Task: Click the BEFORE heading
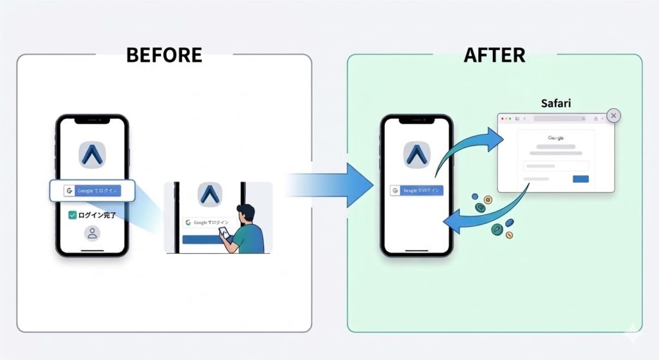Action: pos(164,55)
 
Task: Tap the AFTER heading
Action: pos(494,55)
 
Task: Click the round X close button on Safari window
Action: pos(614,115)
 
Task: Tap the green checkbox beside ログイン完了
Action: pos(72,216)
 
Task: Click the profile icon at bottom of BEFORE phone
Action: pos(92,234)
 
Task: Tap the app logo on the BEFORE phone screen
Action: pos(92,155)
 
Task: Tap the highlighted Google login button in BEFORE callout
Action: pos(92,191)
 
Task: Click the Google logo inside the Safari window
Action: pos(555,138)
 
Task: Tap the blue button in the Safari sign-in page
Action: pos(580,179)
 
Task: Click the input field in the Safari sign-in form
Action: pos(555,166)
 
